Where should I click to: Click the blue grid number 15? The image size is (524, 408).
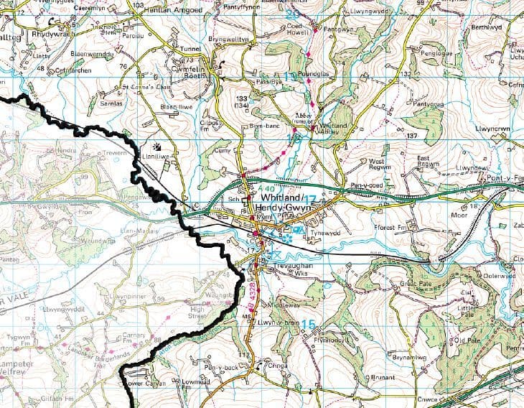tap(308, 325)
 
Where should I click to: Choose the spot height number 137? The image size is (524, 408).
tap(411, 136)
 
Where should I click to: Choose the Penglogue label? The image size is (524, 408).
tap(437, 53)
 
